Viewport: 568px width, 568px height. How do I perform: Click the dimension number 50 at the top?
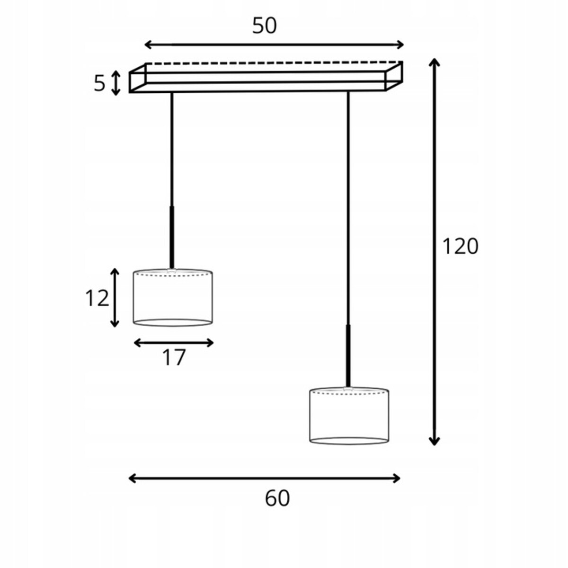tap(265, 26)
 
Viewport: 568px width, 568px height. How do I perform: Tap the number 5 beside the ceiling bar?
tap(99, 83)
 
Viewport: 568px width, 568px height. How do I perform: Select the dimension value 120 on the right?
tap(461, 247)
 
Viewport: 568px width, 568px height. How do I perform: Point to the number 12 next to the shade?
tap(97, 298)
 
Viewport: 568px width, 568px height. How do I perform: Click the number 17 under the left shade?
tap(174, 357)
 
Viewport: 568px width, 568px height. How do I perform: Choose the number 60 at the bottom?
tap(277, 498)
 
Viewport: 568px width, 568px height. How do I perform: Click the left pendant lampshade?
tap(173, 297)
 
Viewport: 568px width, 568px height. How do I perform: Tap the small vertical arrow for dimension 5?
tap(116, 83)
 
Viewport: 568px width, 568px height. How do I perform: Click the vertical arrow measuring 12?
tap(115, 298)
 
